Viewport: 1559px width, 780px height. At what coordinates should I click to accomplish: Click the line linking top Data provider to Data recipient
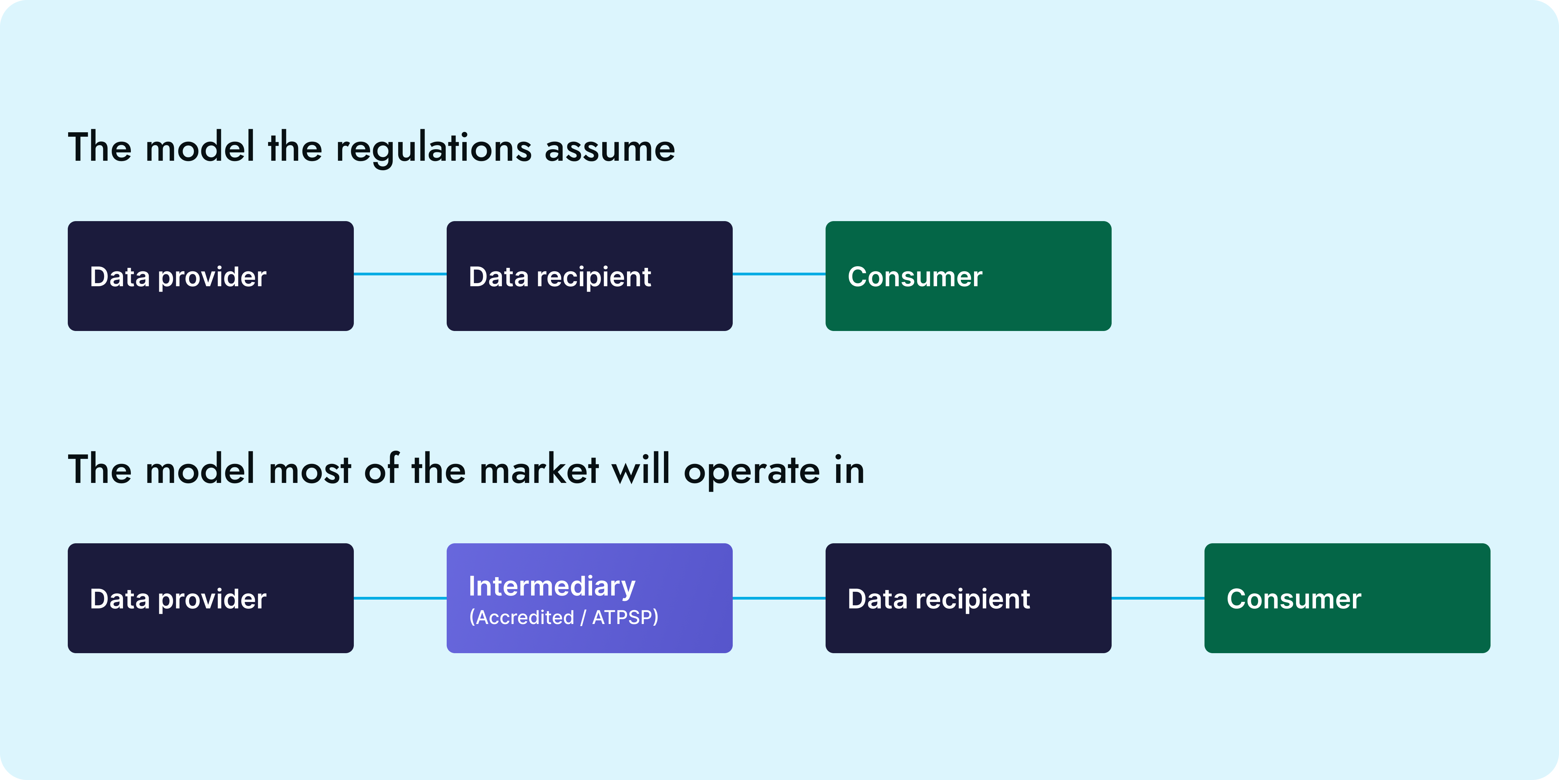tap(400, 274)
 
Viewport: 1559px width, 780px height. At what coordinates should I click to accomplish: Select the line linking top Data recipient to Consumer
tap(779, 274)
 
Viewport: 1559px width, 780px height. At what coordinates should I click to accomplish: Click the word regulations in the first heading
tap(434, 149)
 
